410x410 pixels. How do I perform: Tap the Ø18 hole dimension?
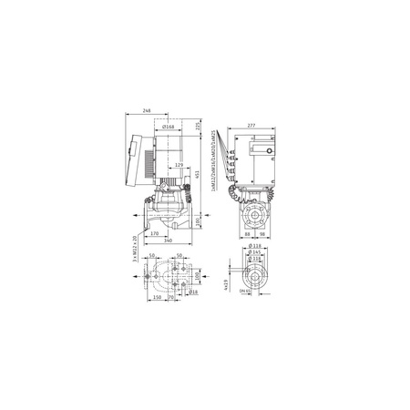pos(194,293)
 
